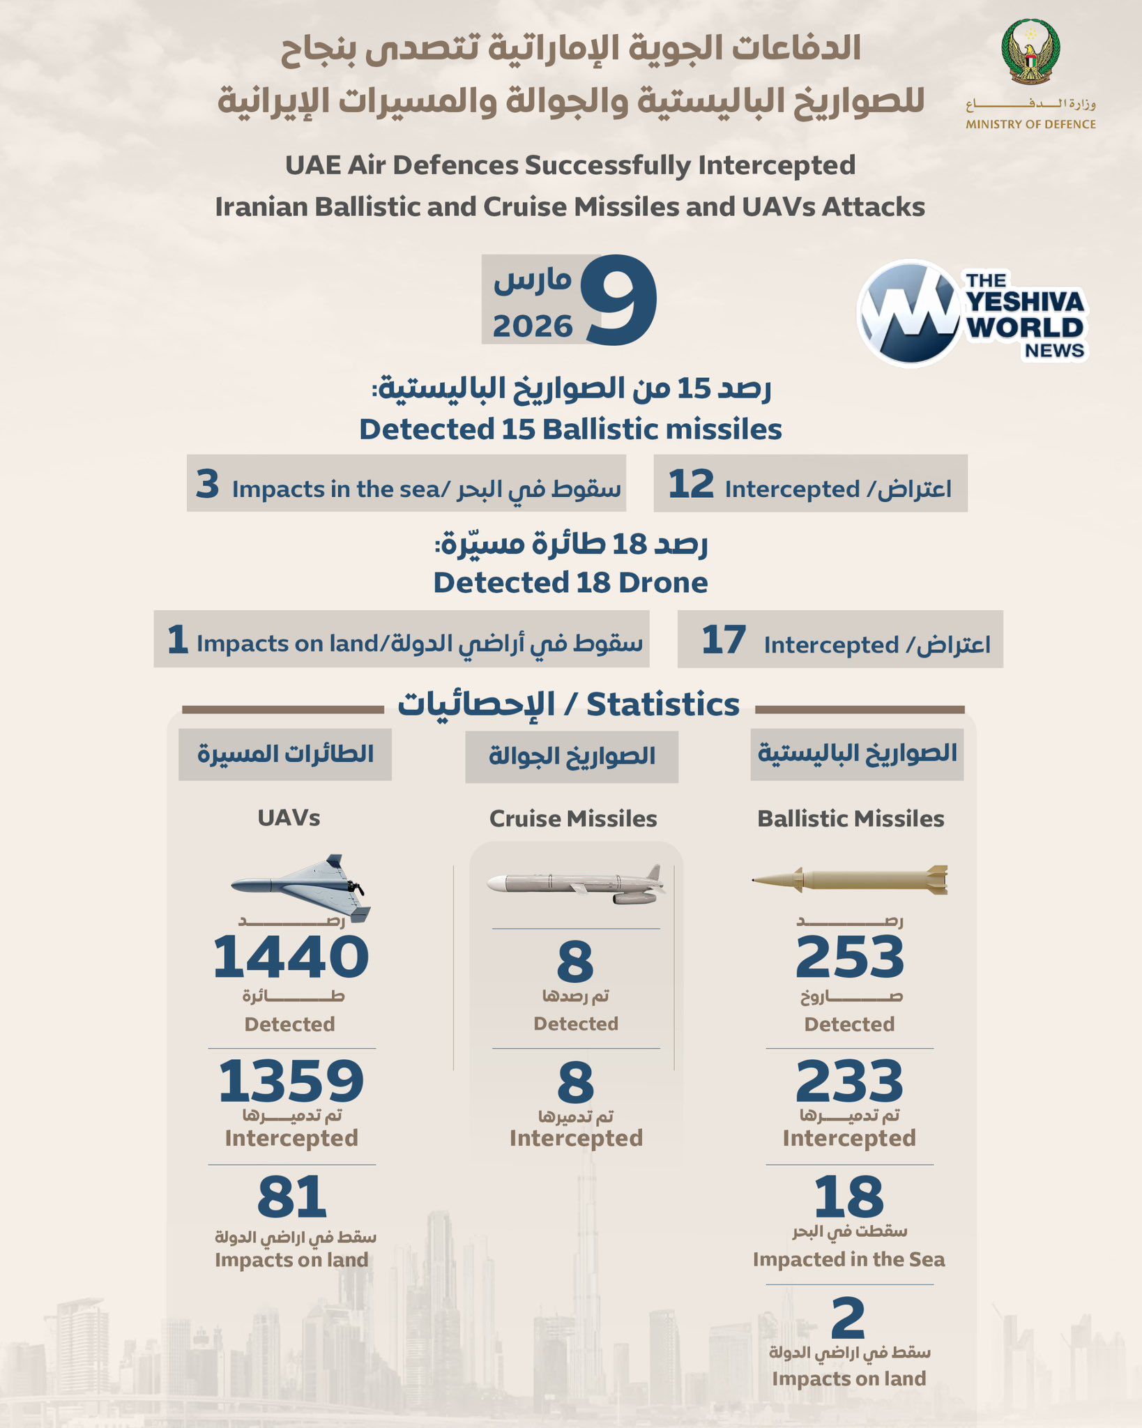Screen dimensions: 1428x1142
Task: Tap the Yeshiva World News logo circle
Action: point(909,314)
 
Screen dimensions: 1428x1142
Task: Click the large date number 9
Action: point(620,300)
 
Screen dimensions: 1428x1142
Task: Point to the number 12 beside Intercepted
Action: point(691,484)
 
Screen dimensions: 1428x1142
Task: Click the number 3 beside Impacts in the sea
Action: point(207,484)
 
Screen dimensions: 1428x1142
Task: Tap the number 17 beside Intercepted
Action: point(724,639)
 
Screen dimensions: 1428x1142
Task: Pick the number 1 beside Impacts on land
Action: point(178,639)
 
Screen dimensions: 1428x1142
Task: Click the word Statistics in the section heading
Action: point(662,705)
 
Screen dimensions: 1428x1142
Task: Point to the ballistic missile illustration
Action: point(850,880)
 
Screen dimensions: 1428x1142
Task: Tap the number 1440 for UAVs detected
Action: point(291,957)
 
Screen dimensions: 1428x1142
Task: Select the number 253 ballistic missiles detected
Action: point(849,957)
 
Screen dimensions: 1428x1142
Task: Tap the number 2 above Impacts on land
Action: point(848,1319)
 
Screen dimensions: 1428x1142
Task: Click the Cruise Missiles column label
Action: point(573,819)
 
